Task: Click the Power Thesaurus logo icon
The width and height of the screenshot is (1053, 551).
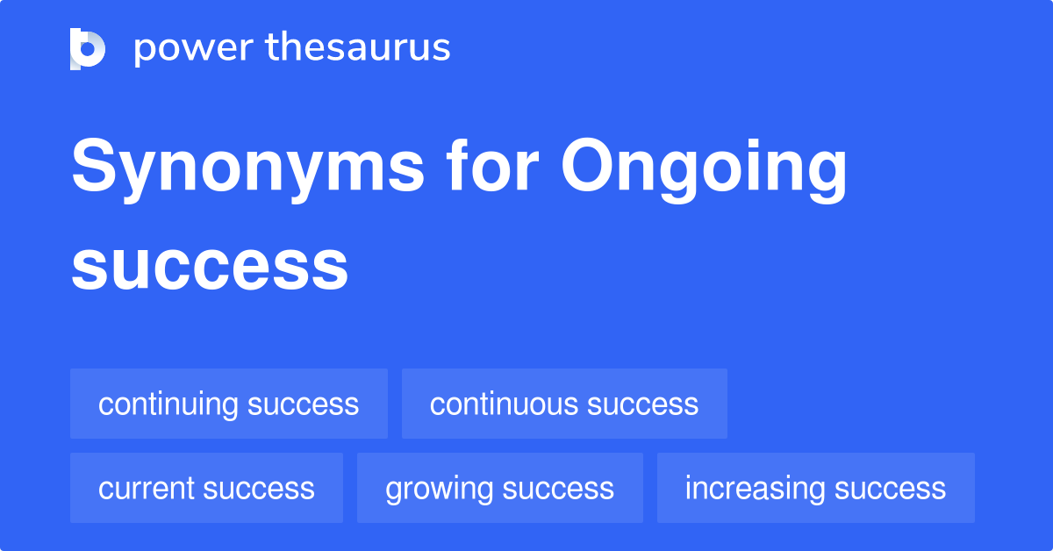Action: [88, 48]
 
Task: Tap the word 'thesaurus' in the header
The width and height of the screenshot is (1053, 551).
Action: [358, 48]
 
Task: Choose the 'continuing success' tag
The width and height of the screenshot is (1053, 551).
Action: [228, 404]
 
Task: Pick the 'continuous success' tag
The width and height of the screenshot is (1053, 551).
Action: [564, 404]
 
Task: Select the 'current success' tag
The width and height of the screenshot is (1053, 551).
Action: [206, 489]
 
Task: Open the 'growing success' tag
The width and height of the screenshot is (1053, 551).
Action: [499, 489]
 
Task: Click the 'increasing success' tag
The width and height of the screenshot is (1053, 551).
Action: [815, 489]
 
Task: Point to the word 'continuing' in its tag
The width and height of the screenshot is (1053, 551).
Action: [168, 404]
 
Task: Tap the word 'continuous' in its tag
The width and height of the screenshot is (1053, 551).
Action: [504, 404]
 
